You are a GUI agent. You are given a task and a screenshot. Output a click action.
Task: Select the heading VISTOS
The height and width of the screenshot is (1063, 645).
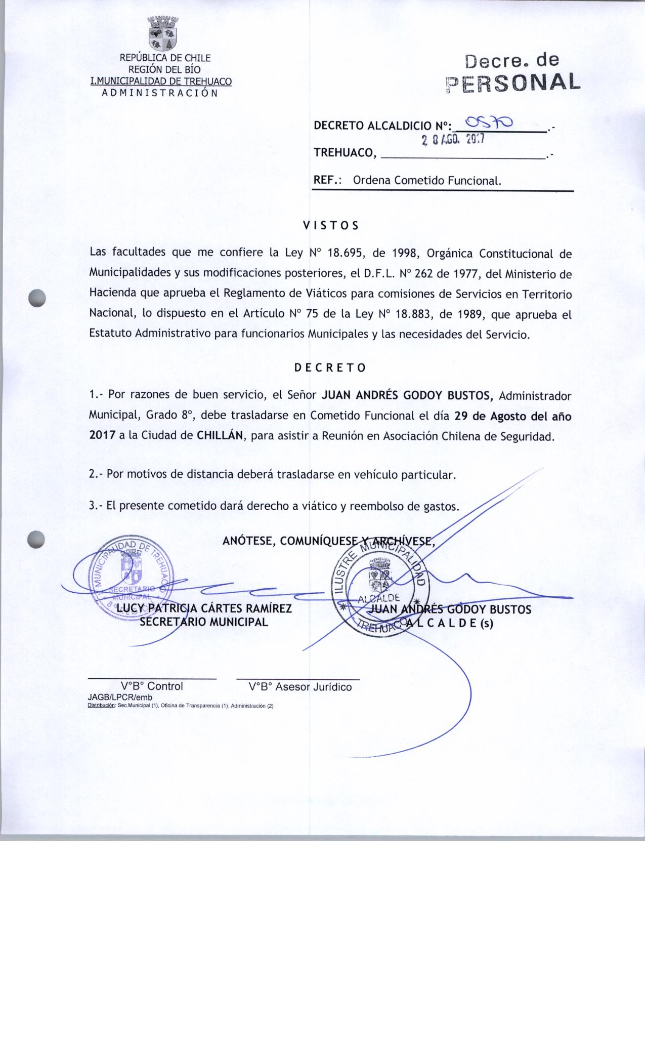[330, 225]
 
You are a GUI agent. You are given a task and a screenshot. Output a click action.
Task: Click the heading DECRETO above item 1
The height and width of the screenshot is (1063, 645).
[330, 367]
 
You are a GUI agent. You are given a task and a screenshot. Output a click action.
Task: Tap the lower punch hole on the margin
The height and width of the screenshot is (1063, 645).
[37, 539]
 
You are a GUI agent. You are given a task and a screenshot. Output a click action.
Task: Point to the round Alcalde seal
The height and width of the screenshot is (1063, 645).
[380, 588]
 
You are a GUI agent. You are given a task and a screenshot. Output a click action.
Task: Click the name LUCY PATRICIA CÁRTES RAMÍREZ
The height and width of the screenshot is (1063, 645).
[204, 608]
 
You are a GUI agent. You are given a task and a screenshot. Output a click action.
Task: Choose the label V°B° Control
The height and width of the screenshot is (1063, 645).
[152, 686]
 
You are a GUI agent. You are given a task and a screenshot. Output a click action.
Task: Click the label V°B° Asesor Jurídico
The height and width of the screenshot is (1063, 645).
[300, 687]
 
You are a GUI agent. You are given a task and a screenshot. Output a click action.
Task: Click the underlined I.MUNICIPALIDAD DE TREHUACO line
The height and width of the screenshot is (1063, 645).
[160, 81]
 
